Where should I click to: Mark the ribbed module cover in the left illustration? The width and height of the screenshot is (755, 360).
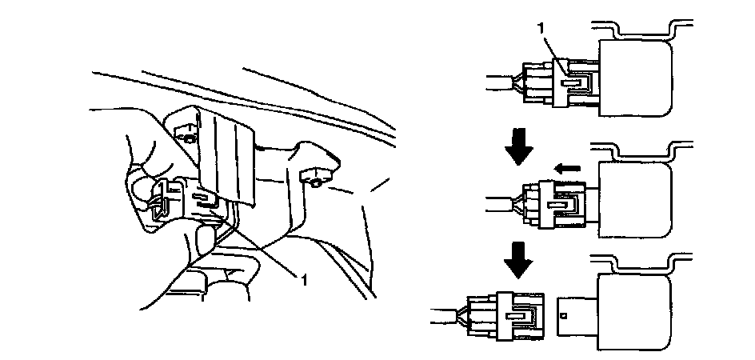click(x=226, y=152)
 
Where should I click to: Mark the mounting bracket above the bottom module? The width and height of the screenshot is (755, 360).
click(x=640, y=264)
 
